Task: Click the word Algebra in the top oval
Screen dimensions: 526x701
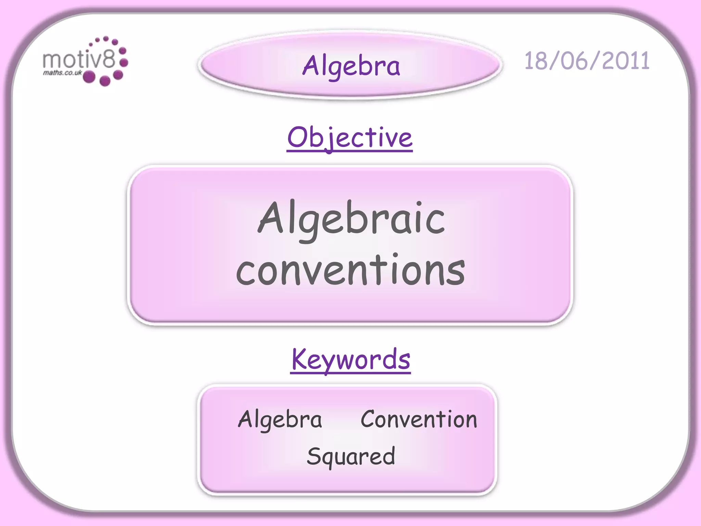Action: tap(351, 66)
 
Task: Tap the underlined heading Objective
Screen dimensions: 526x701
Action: tap(350, 138)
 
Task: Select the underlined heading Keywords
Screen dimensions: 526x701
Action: tap(351, 359)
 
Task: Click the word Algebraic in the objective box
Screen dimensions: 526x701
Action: tap(351, 219)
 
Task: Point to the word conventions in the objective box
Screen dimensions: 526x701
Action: tap(350, 271)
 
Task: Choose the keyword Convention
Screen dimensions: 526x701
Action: tap(419, 419)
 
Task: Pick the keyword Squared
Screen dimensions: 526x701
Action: tap(351, 456)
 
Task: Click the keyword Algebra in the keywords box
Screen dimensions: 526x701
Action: tap(280, 419)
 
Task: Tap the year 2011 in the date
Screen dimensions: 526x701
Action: tap(626, 61)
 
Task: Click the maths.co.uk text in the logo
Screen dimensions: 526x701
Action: tap(62, 73)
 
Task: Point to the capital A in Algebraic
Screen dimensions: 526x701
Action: tap(271, 218)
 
